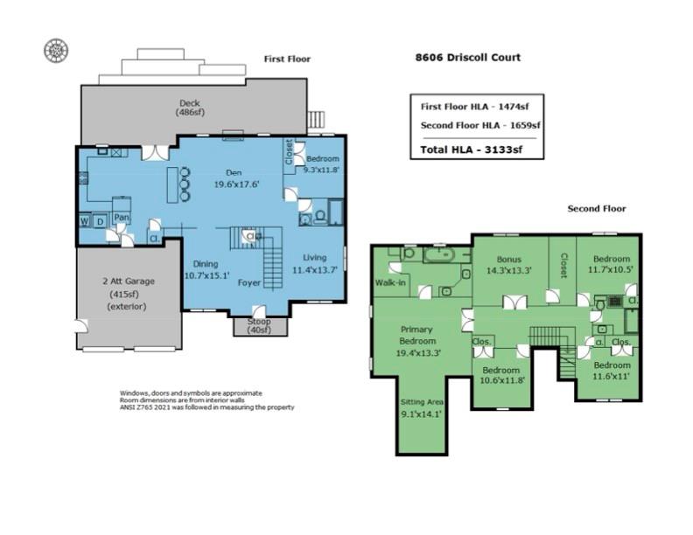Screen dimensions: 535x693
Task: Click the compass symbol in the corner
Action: click(x=56, y=50)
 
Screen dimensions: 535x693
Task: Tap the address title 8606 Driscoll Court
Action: click(x=467, y=58)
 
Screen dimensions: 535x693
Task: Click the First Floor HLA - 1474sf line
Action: click(x=476, y=106)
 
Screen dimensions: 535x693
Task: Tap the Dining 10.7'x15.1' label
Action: click(x=206, y=269)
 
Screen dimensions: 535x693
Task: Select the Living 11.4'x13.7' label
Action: click(x=314, y=264)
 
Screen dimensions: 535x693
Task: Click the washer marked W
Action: click(x=85, y=221)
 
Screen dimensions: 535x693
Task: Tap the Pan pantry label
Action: click(x=122, y=217)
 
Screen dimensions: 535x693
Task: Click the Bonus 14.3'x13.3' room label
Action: click(x=509, y=265)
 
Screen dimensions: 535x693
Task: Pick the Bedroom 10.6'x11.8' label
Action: click(x=501, y=375)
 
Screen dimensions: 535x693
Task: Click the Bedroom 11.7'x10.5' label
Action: click(x=611, y=265)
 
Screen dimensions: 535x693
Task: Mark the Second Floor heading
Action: click(x=597, y=209)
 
